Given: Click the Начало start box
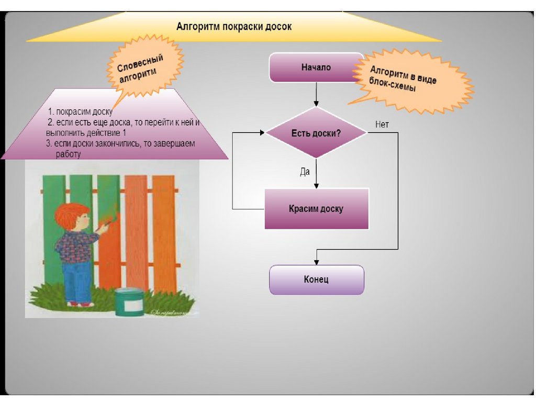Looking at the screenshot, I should tap(316, 68).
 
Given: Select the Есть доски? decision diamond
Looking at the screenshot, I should tap(316, 133).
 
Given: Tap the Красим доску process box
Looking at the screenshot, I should tap(316, 209).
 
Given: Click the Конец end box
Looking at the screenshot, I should tap(316, 280).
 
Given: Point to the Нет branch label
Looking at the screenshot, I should tap(382, 125).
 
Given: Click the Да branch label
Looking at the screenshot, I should tap(305, 171).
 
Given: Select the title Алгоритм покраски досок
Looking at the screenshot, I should tap(233, 26).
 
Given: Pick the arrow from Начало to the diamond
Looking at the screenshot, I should tap(316, 95).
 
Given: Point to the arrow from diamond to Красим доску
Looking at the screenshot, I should tap(316, 173).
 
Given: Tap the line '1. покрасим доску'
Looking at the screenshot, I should tap(80, 112).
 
